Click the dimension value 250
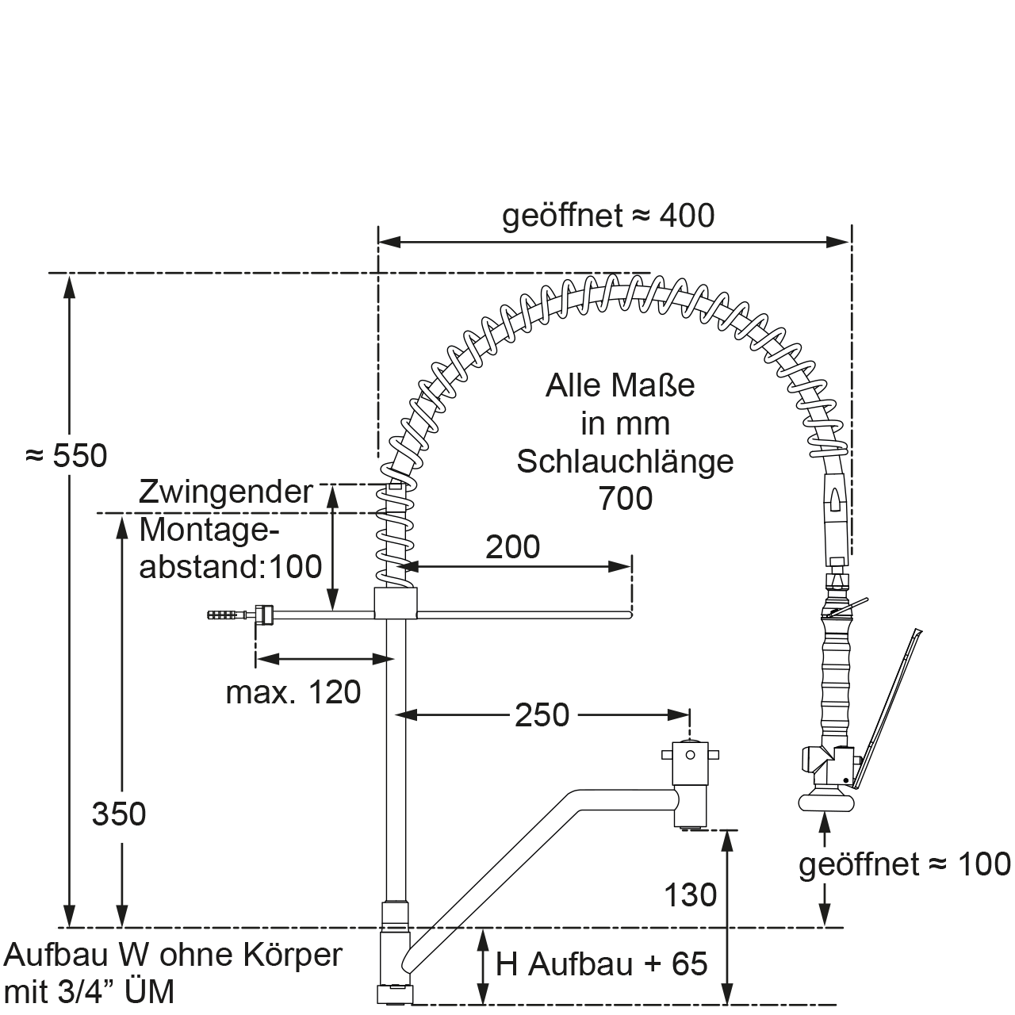[542, 715]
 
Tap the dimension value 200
[512, 547]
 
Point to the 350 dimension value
[119, 814]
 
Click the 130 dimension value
[691, 895]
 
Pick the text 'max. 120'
[293, 692]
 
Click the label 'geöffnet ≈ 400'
[608, 216]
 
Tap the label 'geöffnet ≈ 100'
[905, 864]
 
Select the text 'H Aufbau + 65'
[601, 964]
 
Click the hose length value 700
[625, 499]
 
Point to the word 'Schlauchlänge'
[625, 461]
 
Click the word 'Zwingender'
[226, 492]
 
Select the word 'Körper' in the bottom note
[293, 954]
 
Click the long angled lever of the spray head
[890, 698]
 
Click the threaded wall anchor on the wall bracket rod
[221, 614]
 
